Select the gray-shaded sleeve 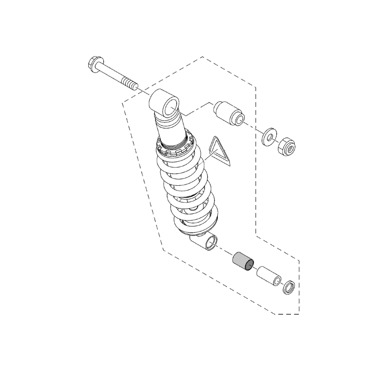(x=242, y=261)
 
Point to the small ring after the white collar (x=289, y=287)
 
